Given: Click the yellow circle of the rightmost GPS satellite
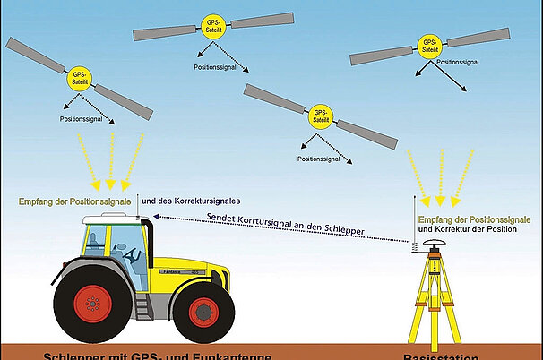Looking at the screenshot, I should pyautogui.click(x=429, y=47).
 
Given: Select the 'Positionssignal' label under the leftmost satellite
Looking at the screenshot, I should pyautogui.click(x=86, y=119).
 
